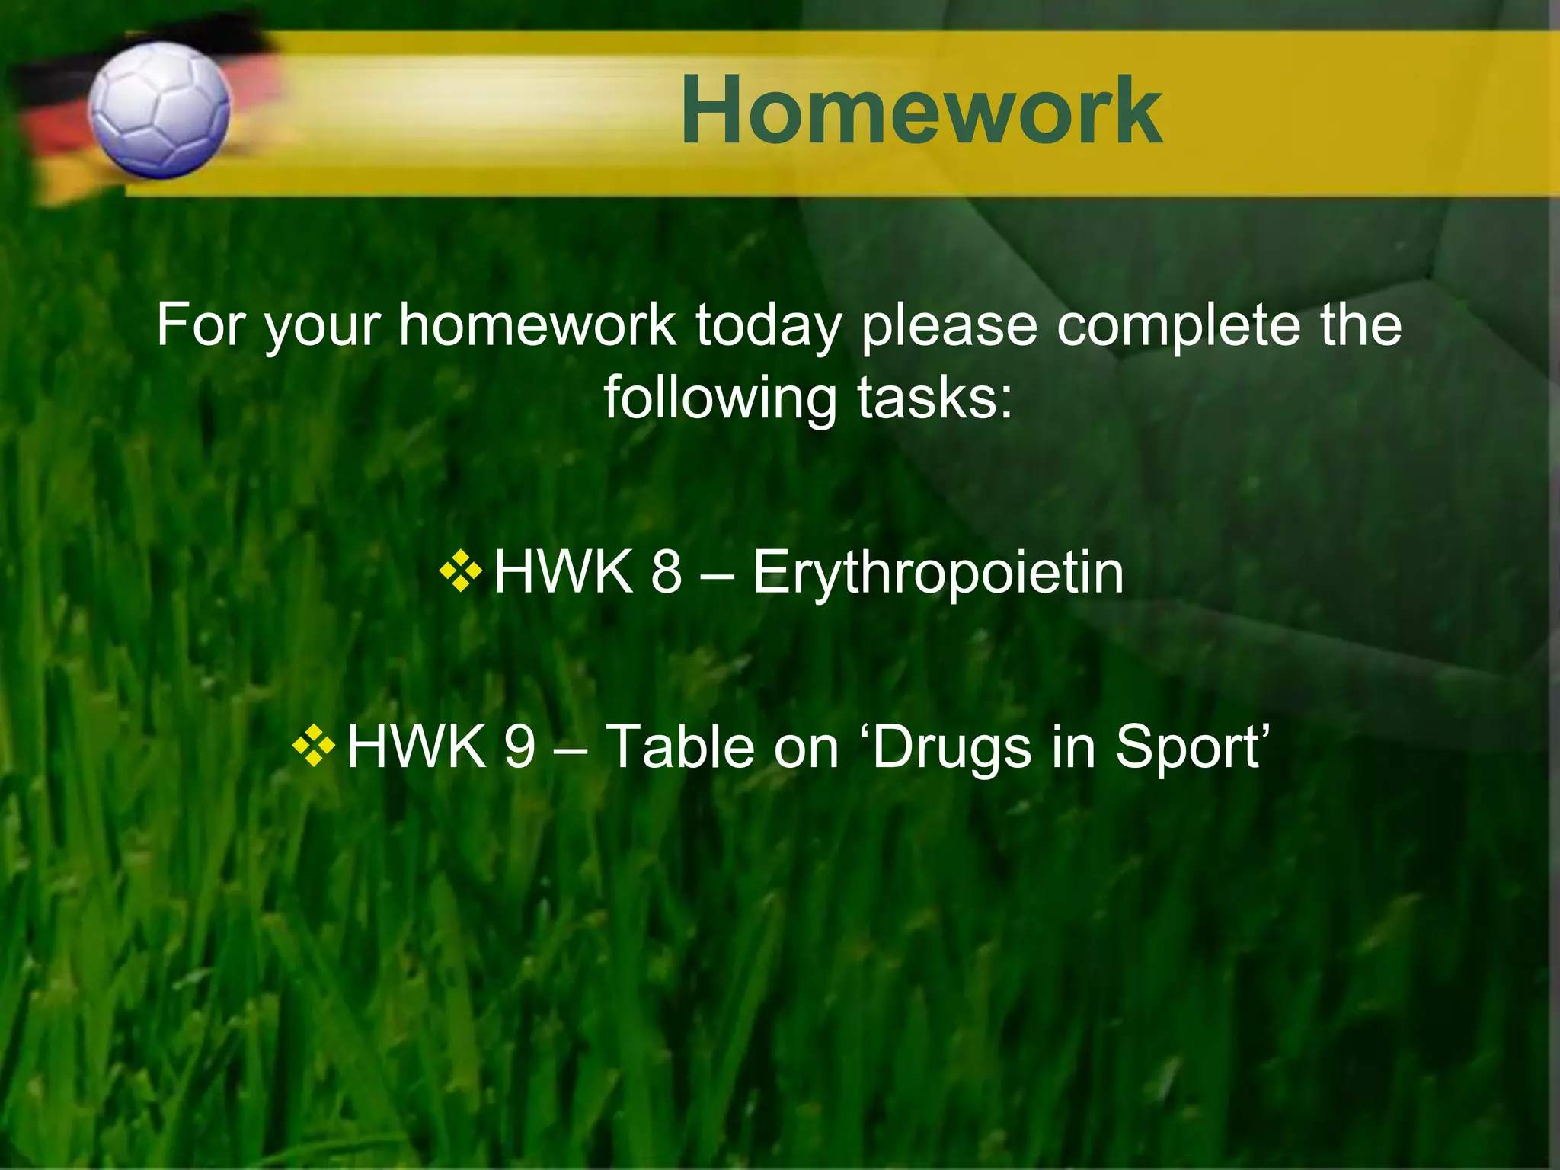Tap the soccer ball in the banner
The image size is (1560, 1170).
point(158,110)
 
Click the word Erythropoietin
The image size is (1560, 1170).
point(938,572)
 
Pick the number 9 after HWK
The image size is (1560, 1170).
point(519,746)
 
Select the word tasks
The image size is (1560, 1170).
point(934,398)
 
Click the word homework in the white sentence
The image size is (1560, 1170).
point(537,325)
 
